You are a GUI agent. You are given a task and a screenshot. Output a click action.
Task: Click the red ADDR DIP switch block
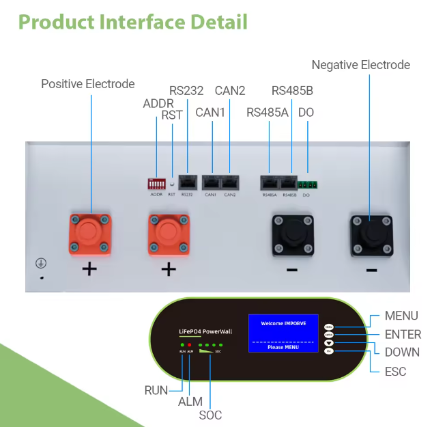[156, 183]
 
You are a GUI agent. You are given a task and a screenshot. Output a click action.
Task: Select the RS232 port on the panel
[188, 183]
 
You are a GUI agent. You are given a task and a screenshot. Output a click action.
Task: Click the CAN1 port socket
[212, 183]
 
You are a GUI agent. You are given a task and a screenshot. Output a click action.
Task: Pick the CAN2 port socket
[229, 183]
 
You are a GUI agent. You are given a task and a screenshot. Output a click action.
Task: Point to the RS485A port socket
[270, 183]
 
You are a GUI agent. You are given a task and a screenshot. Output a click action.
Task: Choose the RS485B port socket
[289, 183]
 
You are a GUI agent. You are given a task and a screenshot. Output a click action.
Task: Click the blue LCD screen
[283, 333]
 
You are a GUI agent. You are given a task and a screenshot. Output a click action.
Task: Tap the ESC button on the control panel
[329, 351]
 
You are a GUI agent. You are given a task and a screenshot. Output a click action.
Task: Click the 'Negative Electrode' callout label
[360, 65]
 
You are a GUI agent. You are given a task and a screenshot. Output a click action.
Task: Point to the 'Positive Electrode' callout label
[88, 84]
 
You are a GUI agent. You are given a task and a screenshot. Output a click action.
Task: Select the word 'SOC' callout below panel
[210, 414]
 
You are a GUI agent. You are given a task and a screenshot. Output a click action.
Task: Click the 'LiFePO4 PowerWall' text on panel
[205, 331]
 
